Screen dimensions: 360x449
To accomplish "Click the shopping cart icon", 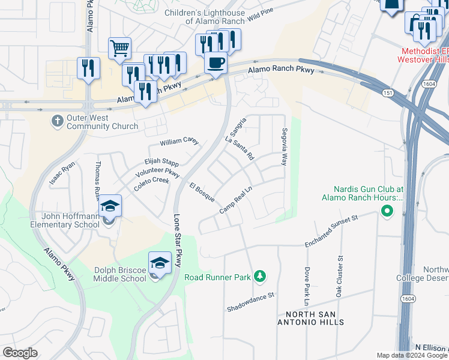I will coord(119,48).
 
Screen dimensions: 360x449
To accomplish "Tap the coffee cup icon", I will coord(215,62).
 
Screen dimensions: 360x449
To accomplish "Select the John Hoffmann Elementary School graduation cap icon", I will coord(110,206).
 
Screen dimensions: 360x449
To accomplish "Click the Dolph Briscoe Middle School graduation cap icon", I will coord(160,262).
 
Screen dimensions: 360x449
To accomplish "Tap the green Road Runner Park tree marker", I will coord(260,276).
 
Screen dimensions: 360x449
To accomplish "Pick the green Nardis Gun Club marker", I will coord(387,211).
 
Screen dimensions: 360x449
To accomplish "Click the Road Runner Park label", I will coord(217,277).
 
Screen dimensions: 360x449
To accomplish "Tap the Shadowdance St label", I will coord(250,302).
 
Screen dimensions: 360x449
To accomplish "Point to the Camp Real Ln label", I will coord(235,200).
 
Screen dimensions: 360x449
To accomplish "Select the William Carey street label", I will coord(179,142).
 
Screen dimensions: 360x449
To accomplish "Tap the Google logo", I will coord(20,353).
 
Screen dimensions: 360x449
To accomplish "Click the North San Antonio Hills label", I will coord(315,318).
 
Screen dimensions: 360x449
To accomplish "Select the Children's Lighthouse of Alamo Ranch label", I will coord(206,16).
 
